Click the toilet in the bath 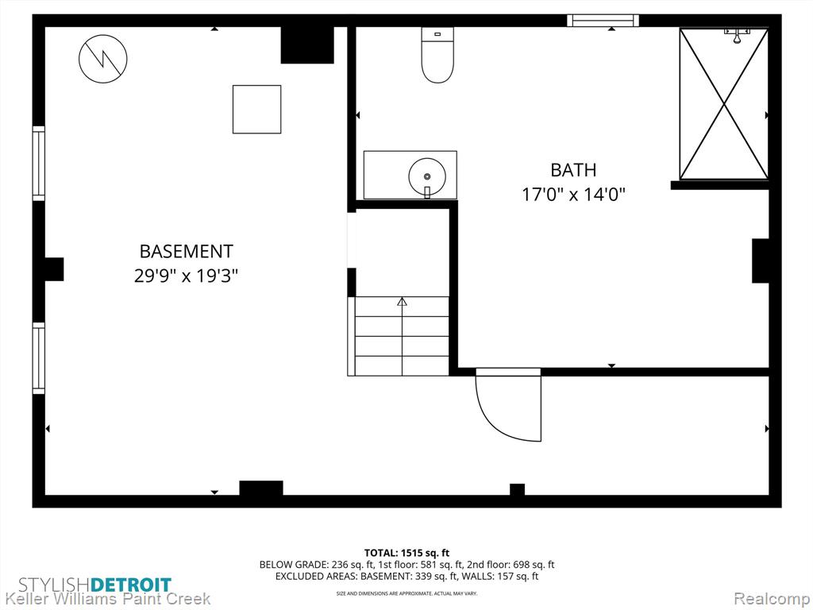coord(437,55)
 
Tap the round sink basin coord(426,176)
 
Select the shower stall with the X coord(724,104)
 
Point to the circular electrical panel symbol coord(103,59)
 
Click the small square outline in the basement coord(256,110)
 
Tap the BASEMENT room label coord(186,251)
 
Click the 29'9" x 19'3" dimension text coord(186,276)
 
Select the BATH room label coord(573,170)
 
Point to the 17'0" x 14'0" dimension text coord(573,195)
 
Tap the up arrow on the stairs coord(402,301)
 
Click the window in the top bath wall coord(603,21)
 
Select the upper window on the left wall coord(39,163)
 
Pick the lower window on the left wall coord(39,358)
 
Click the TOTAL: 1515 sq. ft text coord(406,553)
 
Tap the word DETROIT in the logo coord(131,585)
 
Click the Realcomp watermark coord(771,599)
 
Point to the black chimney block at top coord(307,45)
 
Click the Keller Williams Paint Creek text coord(106,599)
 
